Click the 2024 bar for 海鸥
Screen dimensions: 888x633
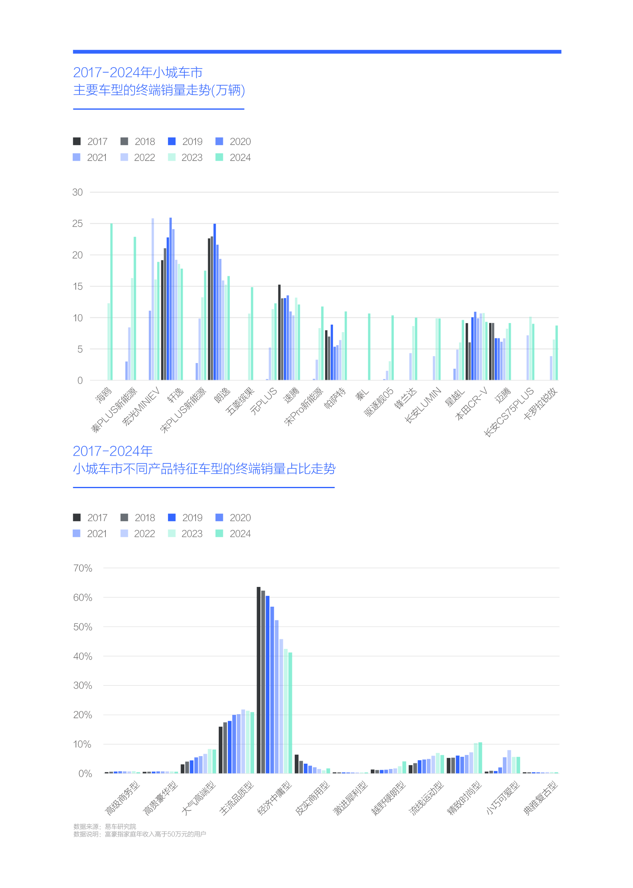coord(111,302)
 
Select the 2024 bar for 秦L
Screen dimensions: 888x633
coord(369,347)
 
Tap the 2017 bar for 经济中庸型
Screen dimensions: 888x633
coord(258,680)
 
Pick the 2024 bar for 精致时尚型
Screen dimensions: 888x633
coord(480,758)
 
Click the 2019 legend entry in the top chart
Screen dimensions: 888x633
coord(185,141)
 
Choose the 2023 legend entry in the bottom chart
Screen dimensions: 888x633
coord(185,534)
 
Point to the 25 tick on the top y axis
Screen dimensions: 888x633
coord(78,224)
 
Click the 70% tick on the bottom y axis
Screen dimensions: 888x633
coord(83,568)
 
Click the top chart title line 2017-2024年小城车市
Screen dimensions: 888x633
coord(138,73)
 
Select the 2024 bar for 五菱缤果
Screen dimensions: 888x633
coord(252,333)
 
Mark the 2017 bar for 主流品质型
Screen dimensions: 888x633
coord(221,750)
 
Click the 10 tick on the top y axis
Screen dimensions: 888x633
coord(78,318)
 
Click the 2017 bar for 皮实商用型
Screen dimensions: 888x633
coord(297,764)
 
